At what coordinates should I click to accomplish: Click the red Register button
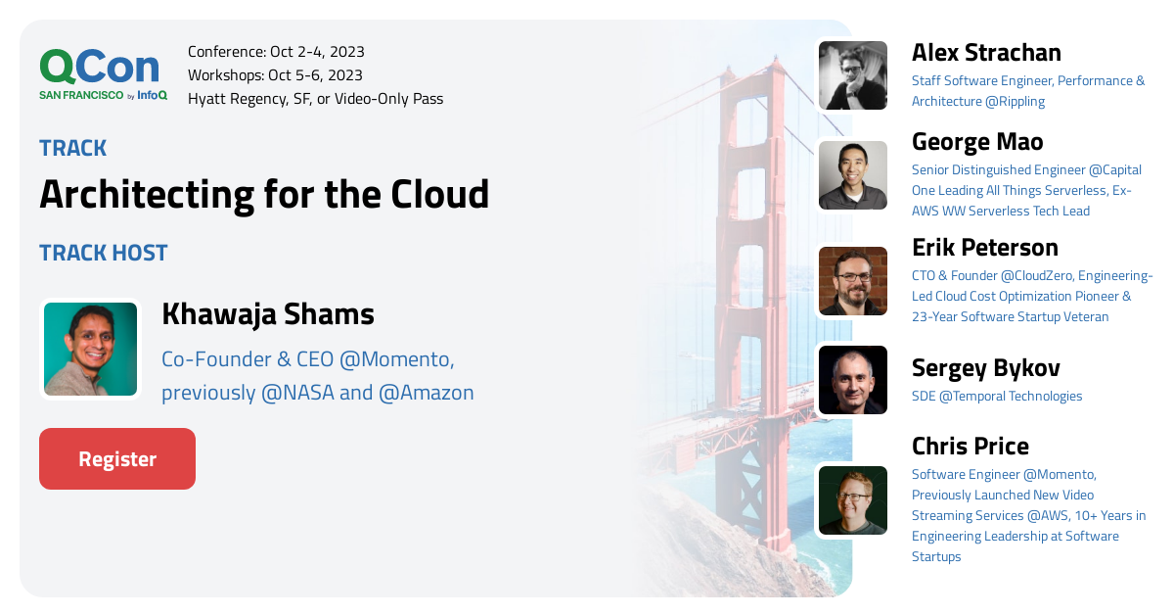pyautogui.click(x=117, y=458)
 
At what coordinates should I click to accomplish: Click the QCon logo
pyautogui.click(x=100, y=67)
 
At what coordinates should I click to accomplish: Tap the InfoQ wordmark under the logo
pyautogui.click(x=152, y=95)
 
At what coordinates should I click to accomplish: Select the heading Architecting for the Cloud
pyautogui.click(x=264, y=195)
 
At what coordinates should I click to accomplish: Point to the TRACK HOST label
pyautogui.click(x=104, y=253)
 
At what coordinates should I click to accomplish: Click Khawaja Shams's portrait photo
pyautogui.click(x=90, y=349)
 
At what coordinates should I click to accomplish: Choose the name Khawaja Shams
pyautogui.click(x=268, y=313)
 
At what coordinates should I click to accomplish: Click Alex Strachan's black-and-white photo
pyautogui.click(x=853, y=75)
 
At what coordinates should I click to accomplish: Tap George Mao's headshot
pyautogui.click(x=853, y=175)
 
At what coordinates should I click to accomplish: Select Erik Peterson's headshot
pyautogui.click(x=853, y=281)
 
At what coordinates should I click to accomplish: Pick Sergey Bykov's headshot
pyautogui.click(x=853, y=380)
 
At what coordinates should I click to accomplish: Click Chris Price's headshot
pyautogui.click(x=853, y=500)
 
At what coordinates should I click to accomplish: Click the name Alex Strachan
pyautogui.click(x=986, y=53)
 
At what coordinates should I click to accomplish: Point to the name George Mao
pyautogui.click(x=977, y=142)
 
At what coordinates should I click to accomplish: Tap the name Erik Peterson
pyautogui.click(x=985, y=248)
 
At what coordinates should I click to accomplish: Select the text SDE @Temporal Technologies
pyautogui.click(x=997, y=396)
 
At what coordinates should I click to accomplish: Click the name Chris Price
pyautogui.click(x=971, y=446)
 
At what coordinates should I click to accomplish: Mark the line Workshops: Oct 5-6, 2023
pyautogui.click(x=275, y=75)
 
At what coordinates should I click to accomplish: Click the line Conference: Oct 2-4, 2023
pyautogui.click(x=276, y=52)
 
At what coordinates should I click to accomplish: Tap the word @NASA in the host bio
pyautogui.click(x=297, y=393)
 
